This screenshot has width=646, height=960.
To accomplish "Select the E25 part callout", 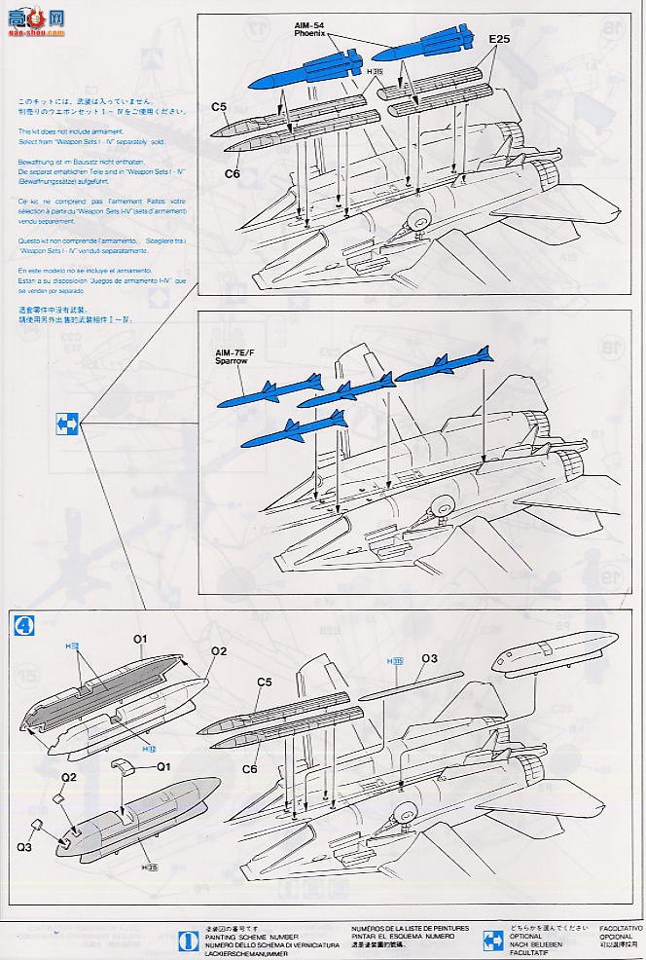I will tap(500, 40).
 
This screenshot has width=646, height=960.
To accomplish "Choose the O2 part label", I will tap(219, 649).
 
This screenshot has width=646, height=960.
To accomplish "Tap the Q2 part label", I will tap(69, 776).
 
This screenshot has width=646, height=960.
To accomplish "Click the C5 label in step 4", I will tap(264, 683).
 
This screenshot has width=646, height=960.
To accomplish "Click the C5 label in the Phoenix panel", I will tap(219, 107).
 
